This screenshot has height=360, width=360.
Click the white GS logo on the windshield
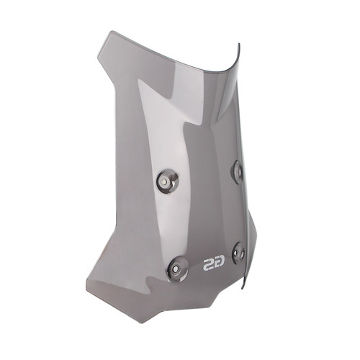click(x=214, y=264)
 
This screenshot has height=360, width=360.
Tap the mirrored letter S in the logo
click(x=208, y=264)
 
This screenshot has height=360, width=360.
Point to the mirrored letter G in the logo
click(x=220, y=264)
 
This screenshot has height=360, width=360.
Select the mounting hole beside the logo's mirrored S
click(x=177, y=269)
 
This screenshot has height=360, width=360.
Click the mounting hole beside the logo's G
click(x=238, y=253)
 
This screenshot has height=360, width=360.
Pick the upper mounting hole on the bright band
click(x=168, y=181)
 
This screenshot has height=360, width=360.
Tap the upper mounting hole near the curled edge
click(x=237, y=172)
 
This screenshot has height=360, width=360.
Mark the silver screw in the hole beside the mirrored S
click(x=176, y=269)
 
